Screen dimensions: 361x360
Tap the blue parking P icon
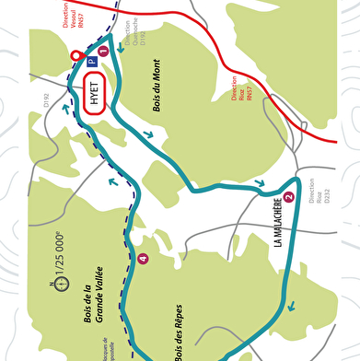tap(91, 63)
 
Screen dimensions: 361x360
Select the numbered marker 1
tap(103, 52)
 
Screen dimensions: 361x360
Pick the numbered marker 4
tap(142, 259)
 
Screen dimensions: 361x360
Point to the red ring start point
tap(76, 56)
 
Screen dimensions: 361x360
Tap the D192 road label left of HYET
tap(46, 101)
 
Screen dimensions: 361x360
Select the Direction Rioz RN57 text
tap(241, 93)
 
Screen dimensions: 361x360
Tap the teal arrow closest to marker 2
tap(263, 182)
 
